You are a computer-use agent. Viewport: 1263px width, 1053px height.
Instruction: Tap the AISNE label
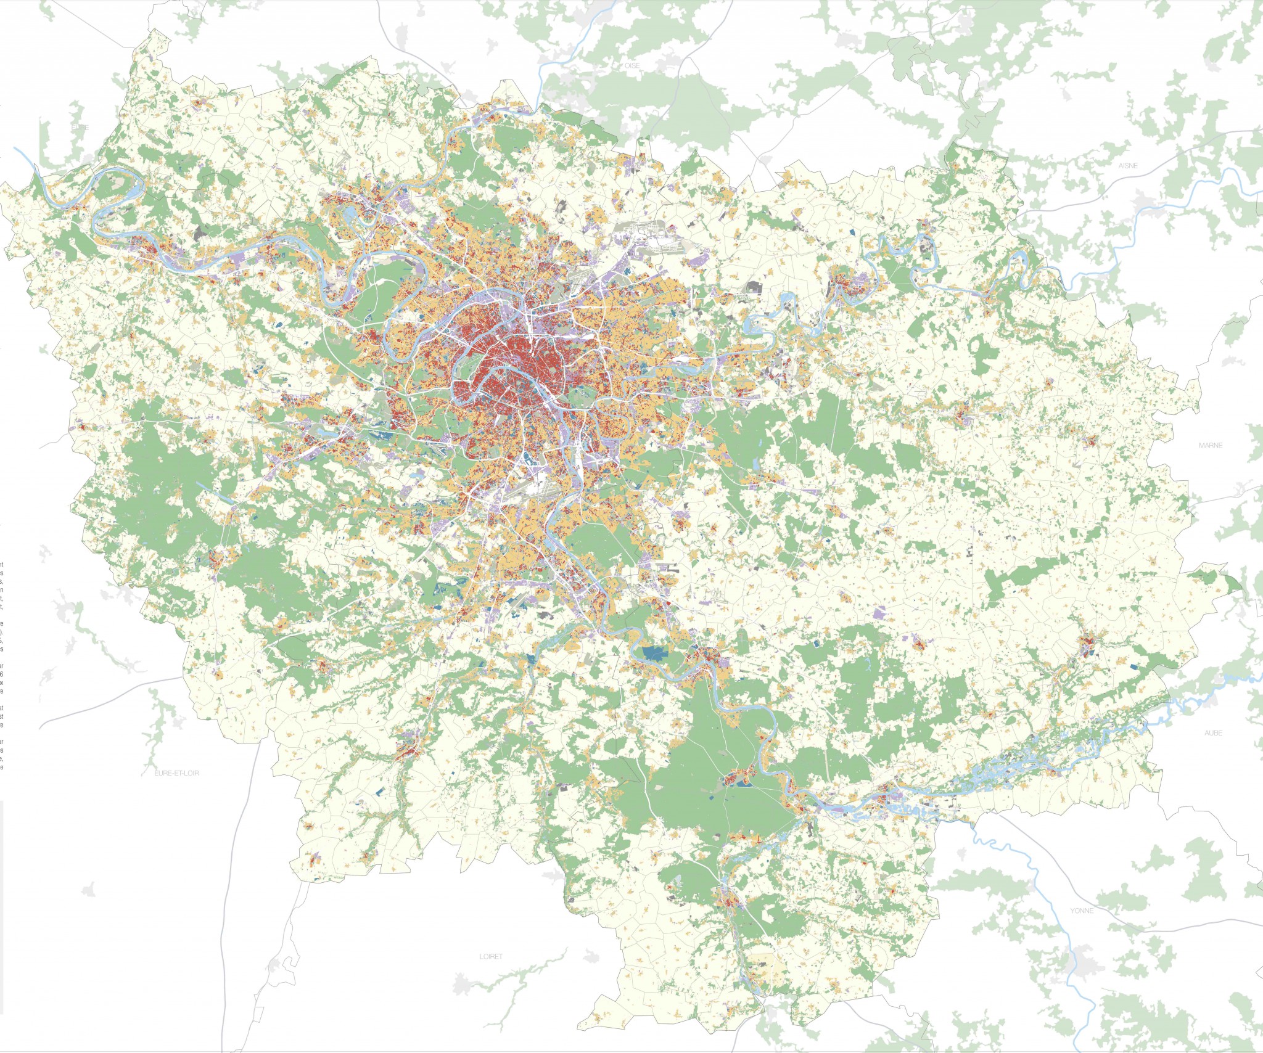[1127, 166]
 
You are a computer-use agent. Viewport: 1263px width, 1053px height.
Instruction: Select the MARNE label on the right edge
[1210, 445]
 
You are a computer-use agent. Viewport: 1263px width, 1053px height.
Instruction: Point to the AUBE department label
[1213, 733]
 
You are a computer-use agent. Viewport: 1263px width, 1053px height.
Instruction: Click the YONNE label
[1082, 911]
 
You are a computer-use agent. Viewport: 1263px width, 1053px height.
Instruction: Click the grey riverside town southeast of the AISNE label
[1145, 200]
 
